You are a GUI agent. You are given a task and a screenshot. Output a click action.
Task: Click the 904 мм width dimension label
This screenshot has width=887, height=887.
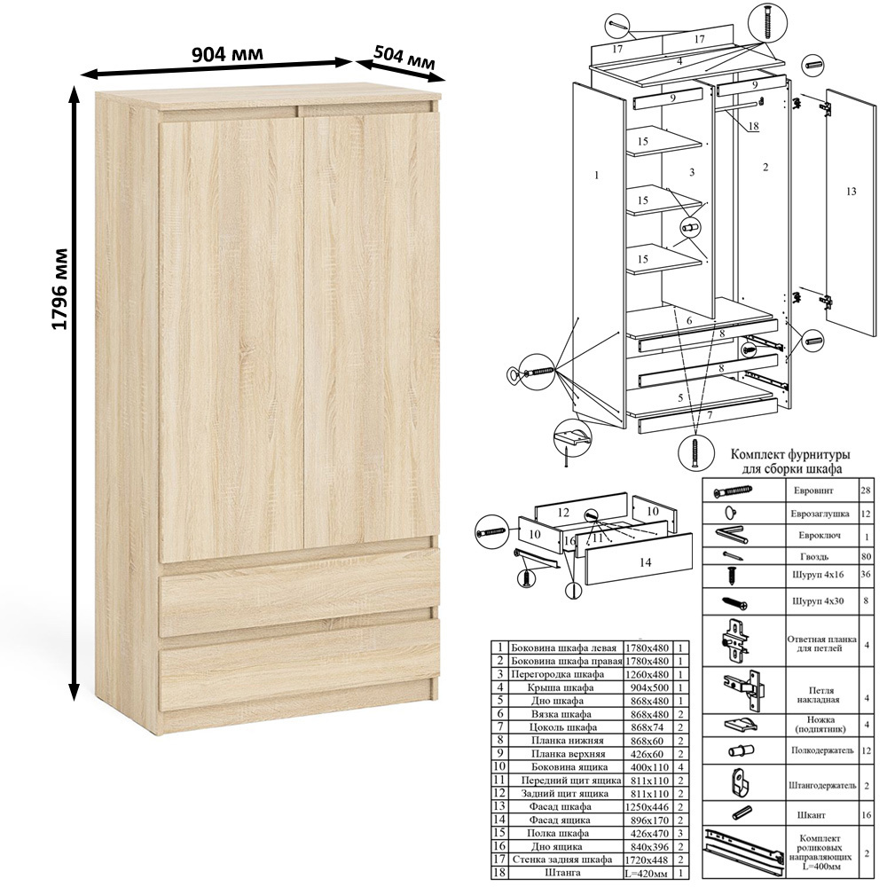[x=227, y=54]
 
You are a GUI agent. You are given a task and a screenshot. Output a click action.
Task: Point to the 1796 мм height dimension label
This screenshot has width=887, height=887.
[x=59, y=289]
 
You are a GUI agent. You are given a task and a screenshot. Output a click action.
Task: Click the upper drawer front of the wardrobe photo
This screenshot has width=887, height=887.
[x=300, y=603]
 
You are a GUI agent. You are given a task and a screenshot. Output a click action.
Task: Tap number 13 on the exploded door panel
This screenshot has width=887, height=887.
[x=851, y=192]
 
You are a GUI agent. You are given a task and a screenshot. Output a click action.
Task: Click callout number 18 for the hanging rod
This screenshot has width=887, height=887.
[x=753, y=126]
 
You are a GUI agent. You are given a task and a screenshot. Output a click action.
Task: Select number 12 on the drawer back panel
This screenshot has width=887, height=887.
[x=562, y=513]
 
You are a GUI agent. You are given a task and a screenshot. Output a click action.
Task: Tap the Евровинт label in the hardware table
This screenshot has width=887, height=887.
[x=812, y=491]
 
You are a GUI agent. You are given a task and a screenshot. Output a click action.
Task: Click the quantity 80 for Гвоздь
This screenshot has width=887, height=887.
[x=866, y=557]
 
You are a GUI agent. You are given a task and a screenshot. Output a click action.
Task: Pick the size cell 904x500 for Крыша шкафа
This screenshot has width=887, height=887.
[x=649, y=688]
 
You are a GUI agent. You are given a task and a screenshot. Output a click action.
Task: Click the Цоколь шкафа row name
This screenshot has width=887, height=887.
[x=563, y=727]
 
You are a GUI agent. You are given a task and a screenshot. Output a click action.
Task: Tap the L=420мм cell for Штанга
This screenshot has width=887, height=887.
[x=649, y=873]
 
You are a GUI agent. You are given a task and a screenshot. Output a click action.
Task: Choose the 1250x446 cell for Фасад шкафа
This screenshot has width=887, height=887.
[x=649, y=806]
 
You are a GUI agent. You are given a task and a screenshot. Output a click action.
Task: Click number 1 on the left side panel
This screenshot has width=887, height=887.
[x=596, y=176]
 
